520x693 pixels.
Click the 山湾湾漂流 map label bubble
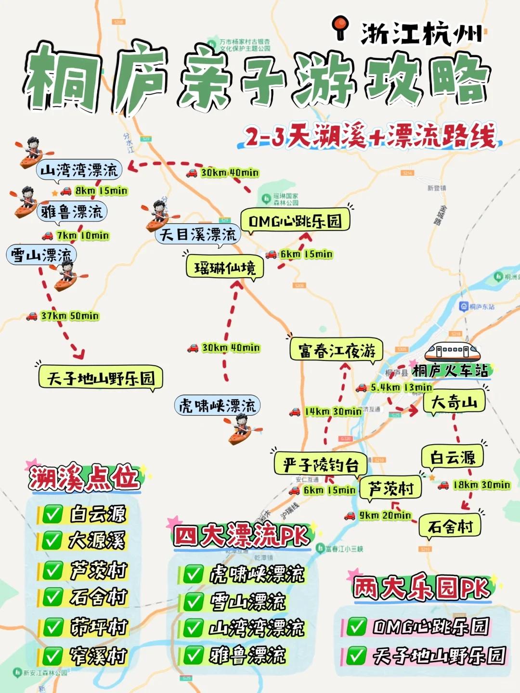click(79, 170)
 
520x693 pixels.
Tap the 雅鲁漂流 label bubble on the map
click(72, 212)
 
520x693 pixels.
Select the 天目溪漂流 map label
click(198, 235)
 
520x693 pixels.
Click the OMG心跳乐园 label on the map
click(295, 221)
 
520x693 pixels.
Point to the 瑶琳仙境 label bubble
click(225, 268)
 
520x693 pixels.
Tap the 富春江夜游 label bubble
click(337, 350)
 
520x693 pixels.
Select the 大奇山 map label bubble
click(454, 402)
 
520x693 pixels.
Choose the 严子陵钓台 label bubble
click(321, 465)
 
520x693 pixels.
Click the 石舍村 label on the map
click(450, 526)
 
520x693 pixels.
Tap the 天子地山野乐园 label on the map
click(101, 378)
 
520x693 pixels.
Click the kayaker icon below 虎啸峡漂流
click(242, 429)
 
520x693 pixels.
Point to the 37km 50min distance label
click(70, 316)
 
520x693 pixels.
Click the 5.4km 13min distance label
click(401, 387)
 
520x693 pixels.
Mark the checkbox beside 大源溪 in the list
click(52, 540)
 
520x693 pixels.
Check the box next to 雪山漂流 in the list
click(194, 602)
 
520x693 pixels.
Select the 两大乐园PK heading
click(422, 588)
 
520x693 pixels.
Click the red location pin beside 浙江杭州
click(341, 28)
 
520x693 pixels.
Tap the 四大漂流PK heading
click(241, 536)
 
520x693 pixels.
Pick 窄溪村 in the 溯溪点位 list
click(98, 655)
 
